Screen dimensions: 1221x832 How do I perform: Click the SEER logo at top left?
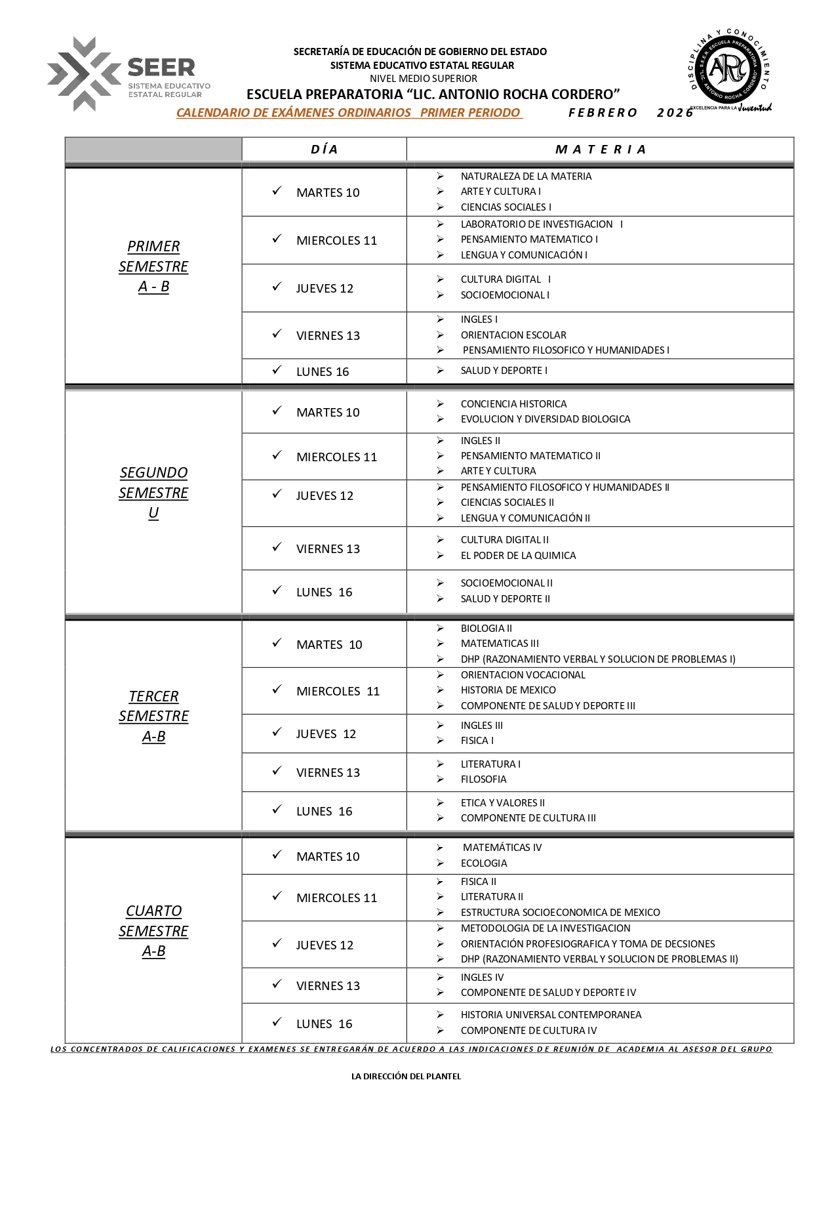(128, 74)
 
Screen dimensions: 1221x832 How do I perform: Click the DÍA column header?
(324, 150)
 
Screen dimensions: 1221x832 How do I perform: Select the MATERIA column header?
(600, 150)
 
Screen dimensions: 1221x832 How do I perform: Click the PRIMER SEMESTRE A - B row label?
(153, 266)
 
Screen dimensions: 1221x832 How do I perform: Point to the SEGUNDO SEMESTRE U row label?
(153, 493)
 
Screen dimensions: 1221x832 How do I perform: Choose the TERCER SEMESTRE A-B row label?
(153, 716)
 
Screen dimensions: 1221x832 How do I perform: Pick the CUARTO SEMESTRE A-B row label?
(153, 930)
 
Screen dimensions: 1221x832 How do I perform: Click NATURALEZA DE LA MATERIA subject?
(526, 176)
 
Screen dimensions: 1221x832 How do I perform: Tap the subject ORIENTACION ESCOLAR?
(513, 335)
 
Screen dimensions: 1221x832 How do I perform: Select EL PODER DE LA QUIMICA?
(518, 556)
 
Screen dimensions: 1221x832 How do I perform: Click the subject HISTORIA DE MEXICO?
(508, 690)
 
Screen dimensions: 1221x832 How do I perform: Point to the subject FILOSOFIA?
(483, 779)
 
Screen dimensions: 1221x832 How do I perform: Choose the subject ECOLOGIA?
(484, 863)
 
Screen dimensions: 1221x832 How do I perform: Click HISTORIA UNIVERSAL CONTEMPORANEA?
(551, 1015)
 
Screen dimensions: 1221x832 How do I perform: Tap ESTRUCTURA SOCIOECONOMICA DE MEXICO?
(560, 913)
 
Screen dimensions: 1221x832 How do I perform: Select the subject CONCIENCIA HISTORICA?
(513, 404)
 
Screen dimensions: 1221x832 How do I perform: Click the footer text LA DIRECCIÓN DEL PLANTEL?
(406, 1076)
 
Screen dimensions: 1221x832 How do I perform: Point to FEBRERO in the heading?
(603, 113)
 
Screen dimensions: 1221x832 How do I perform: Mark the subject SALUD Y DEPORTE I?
(504, 371)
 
